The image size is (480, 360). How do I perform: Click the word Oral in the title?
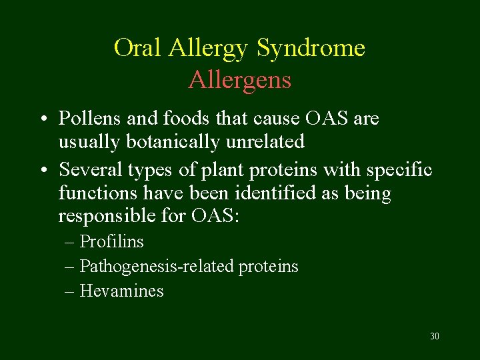[139, 48]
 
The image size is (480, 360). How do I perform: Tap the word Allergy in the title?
[209, 48]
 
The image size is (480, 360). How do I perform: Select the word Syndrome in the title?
[311, 48]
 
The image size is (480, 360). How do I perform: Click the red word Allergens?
[239, 80]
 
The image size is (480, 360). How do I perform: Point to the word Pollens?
[89, 119]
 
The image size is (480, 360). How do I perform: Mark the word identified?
[258, 193]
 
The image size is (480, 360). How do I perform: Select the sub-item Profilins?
[111, 241]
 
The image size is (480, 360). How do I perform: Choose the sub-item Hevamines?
[121, 291]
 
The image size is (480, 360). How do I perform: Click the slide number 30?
[435, 336]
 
